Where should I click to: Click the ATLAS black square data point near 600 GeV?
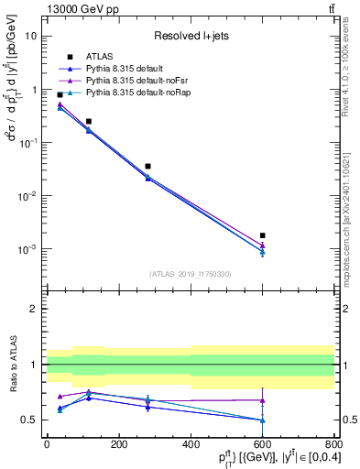tap(262, 235)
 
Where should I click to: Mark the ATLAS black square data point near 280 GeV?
tap(147, 166)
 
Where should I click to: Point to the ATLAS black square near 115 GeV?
tap(89, 121)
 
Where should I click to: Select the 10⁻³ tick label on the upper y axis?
tap(27, 249)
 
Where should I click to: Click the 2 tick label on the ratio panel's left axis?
tap(33, 310)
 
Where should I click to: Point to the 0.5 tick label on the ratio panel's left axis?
tap(29, 420)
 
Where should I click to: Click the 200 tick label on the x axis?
tap(118, 444)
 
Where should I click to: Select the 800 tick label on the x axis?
tap(334, 444)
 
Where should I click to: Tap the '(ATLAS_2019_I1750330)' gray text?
tap(190, 274)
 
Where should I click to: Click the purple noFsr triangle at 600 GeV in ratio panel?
tap(262, 400)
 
